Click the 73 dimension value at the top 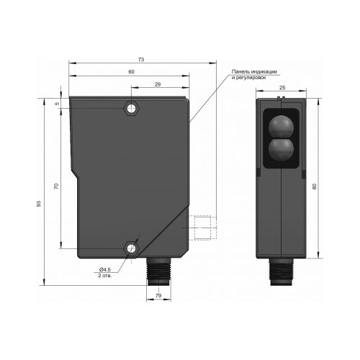pyautogui.click(x=141, y=60)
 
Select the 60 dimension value pyautogui.click(x=131, y=72)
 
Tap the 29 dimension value pyautogui.click(x=158, y=84)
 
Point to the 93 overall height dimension pyautogui.click(x=39, y=204)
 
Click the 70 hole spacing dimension pyautogui.click(x=56, y=186)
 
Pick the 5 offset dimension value pyautogui.click(x=57, y=104)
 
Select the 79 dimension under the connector pyautogui.click(x=158, y=295)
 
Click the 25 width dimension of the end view pyautogui.click(x=282, y=88)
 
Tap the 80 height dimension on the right pyautogui.click(x=315, y=186)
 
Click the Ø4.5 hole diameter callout pyautogui.click(x=104, y=269)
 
